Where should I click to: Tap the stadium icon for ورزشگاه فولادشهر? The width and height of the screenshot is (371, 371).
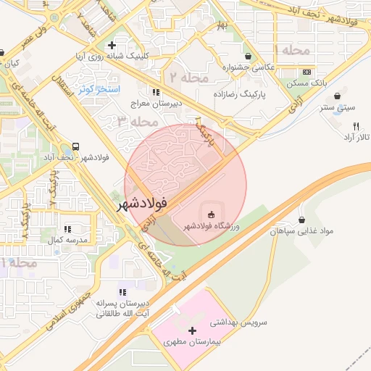[x=211, y=214]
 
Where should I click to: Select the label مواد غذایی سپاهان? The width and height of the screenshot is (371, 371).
[x=301, y=231]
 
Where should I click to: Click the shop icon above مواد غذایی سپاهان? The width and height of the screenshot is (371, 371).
[x=301, y=220]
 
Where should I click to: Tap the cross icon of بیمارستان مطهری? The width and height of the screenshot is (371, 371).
[x=191, y=330]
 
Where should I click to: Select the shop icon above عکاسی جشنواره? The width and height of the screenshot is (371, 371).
[x=249, y=56]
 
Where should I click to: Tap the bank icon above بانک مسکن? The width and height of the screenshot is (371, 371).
[x=307, y=72]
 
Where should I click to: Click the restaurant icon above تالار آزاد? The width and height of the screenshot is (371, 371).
[x=335, y=125]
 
